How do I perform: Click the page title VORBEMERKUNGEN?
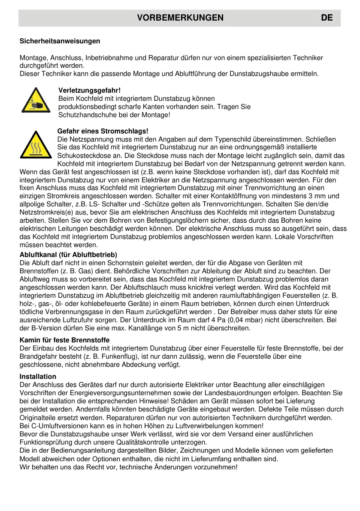[x=180, y=18]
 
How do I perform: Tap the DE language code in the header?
[x=326, y=18]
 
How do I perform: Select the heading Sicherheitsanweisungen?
[x=60, y=41]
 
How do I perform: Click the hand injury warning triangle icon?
[x=36, y=101]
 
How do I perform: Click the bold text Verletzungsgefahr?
[x=89, y=91]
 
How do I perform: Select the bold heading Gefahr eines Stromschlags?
[x=103, y=131]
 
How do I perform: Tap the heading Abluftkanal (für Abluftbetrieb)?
[x=69, y=255]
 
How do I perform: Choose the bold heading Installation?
[x=38, y=376]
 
